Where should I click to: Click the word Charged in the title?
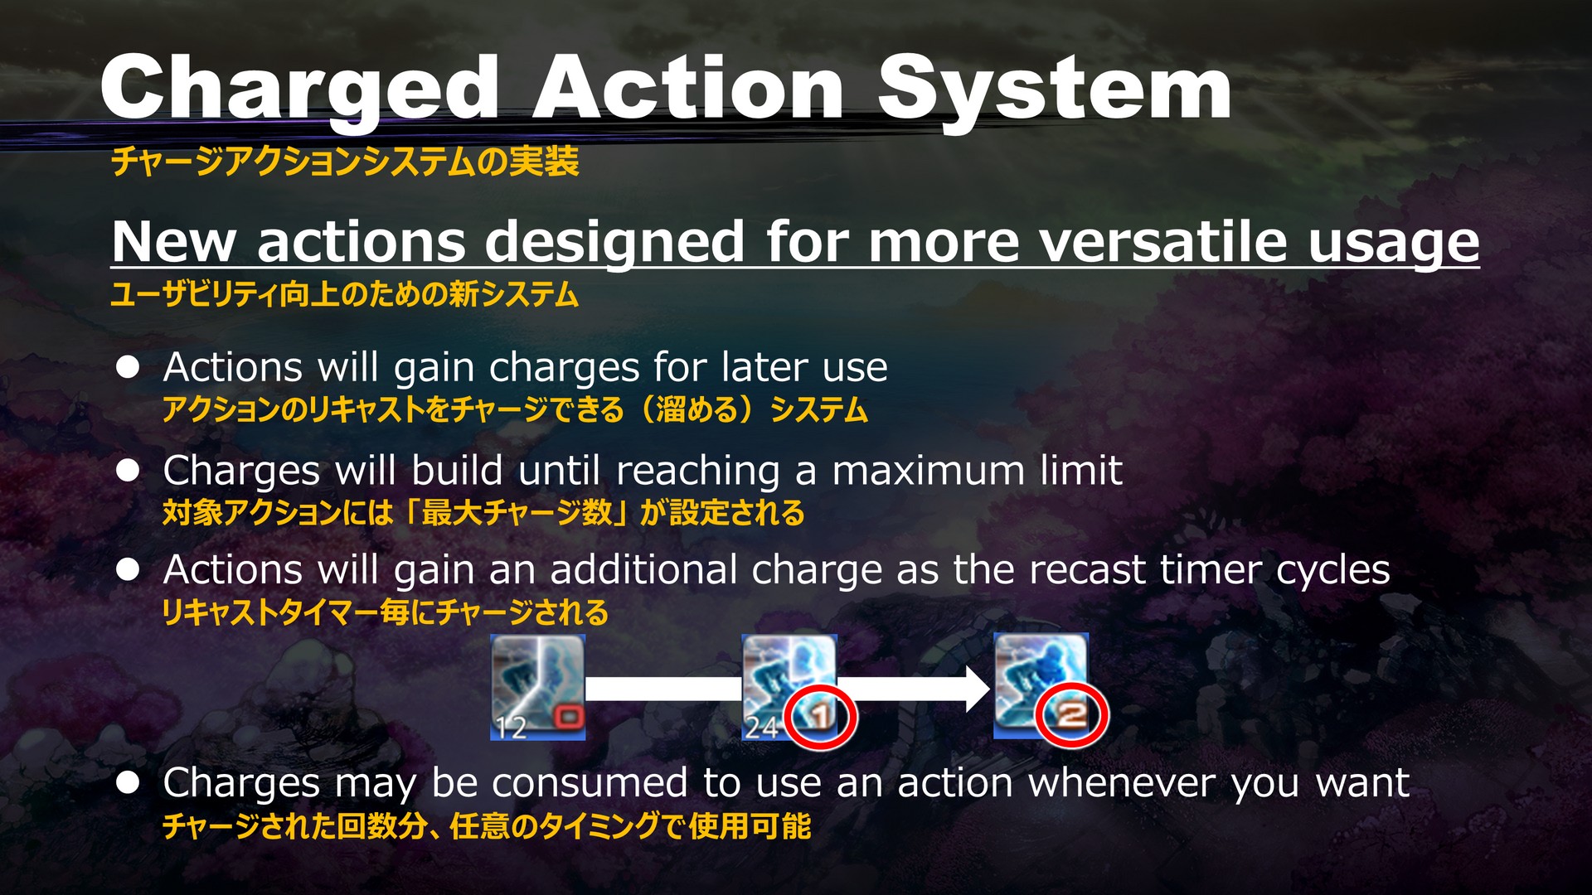click(299, 89)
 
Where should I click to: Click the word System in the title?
click(1055, 89)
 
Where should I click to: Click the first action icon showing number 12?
click(538, 687)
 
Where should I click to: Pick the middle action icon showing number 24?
click(789, 687)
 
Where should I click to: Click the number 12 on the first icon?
click(511, 728)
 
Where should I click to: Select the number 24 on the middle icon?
click(762, 728)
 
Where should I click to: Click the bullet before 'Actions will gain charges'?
click(128, 367)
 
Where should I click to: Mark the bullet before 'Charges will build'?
click(128, 471)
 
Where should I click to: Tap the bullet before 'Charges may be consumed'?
click(128, 782)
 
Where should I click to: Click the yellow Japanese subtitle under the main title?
click(345, 161)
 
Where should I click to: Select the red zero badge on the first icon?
click(568, 715)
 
